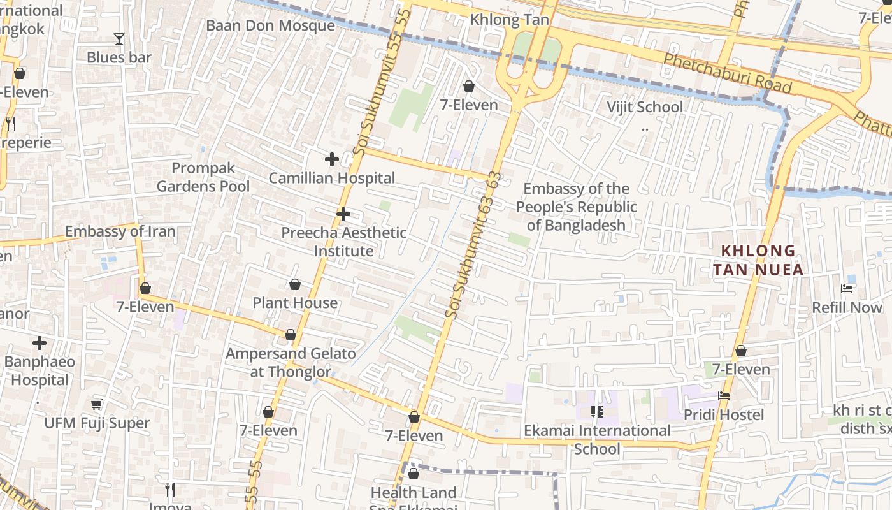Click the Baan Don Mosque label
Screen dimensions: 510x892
click(x=270, y=25)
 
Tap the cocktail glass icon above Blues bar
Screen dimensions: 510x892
click(x=119, y=39)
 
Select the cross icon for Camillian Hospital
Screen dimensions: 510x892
click(x=331, y=159)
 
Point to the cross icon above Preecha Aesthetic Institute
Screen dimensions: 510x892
click(x=343, y=214)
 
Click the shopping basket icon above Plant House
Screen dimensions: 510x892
click(x=295, y=284)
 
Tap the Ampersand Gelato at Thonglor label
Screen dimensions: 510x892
click(x=291, y=362)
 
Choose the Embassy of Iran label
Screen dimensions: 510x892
click(x=120, y=231)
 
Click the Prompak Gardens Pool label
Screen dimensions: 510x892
click(x=203, y=177)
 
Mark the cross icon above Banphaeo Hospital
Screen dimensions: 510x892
click(x=40, y=343)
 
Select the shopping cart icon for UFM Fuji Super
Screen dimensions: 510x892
click(x=97, y=405)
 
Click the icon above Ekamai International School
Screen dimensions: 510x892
click(x=597, y=412)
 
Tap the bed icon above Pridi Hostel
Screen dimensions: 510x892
click(x=724, y=396)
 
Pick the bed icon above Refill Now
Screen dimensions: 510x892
click(x=847, y=289)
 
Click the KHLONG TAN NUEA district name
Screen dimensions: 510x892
click(x=758, y=260)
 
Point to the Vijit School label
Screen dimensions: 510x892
click(x=644, y=107)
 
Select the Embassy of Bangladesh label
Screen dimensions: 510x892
click(x=576, y=207)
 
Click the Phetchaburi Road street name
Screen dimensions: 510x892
click(x=727, y=73)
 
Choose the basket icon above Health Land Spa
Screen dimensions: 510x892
click(x=414, y=474)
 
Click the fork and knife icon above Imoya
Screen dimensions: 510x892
click(x=170, y=489)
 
